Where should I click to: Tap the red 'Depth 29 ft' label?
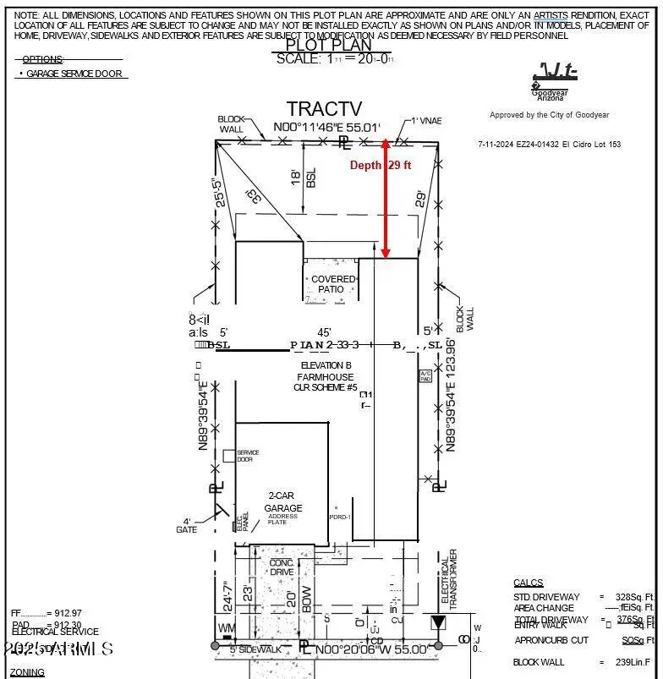tap(380, 166)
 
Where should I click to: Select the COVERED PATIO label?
tap(331, 284)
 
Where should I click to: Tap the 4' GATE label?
tap(187, 524)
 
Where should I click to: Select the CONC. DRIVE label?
tap(282, 567)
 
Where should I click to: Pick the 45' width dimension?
tap(324, 332)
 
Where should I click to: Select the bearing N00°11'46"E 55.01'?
tap(333, 129)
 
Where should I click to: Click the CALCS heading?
tap(529, 583)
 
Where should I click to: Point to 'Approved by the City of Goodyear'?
tap(549, 115)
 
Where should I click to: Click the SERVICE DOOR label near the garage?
tap(248, 456)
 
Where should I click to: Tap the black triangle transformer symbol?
tap(438, 624)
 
